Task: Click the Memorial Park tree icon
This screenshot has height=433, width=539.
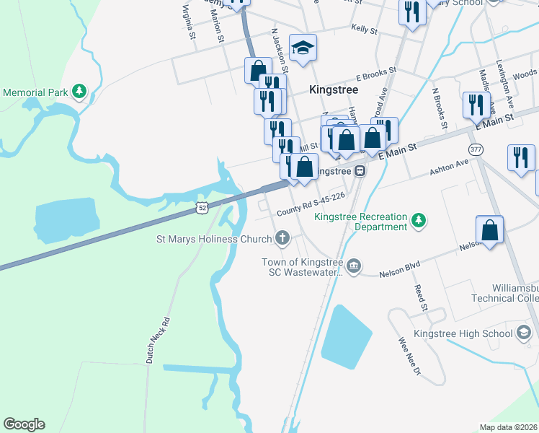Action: [79, 92]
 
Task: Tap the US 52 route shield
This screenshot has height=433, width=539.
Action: [202, 209]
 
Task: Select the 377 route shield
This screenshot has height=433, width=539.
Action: [476, 149]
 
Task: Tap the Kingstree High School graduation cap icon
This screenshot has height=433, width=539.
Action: [524, 333]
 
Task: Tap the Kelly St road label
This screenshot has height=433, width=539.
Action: [364, 30]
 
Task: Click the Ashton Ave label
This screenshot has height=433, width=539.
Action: [449, 167]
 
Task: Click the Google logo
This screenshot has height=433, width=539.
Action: [24, 424]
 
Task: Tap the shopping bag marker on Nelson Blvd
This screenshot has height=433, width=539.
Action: [490, 230]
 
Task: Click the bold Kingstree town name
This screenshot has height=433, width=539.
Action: [333, 90]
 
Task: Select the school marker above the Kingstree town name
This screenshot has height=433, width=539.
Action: [303, 48]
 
